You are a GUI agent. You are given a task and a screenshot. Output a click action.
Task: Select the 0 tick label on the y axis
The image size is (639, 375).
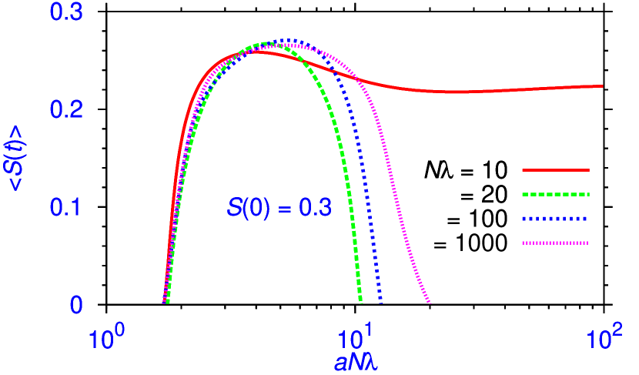tap(76, 306)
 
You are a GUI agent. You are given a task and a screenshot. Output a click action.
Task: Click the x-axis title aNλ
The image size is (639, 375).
tap(356, 363)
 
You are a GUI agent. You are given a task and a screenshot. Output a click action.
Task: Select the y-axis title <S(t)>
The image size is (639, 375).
tap(17, 158)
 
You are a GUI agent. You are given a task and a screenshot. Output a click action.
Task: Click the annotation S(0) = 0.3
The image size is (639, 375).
tap(279, 209)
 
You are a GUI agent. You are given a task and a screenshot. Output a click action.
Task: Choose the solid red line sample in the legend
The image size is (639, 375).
tap(555, 169)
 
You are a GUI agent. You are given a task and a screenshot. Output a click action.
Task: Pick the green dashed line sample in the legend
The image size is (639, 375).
tap(555, 194)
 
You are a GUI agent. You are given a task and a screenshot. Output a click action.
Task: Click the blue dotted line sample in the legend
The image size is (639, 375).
tap(555, 219)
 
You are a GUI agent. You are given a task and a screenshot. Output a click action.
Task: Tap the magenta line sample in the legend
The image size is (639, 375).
tap(555, 243)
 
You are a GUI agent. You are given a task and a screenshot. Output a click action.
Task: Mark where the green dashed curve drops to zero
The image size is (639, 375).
tap(361, 303)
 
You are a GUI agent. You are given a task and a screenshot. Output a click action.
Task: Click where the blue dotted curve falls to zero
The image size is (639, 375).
tap(380, 303)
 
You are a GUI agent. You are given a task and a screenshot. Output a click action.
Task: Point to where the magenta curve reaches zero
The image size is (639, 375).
tap(430, 303)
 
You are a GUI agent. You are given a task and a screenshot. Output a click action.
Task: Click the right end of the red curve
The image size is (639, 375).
tap(603, 85)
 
